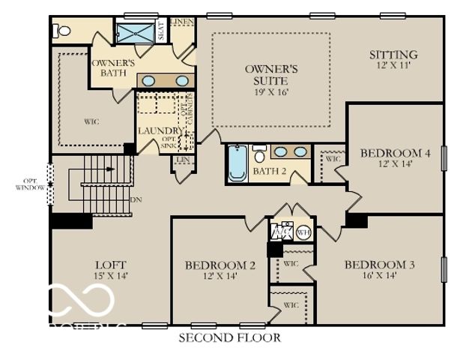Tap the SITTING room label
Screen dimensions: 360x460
(393, 55)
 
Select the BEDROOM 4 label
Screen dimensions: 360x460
(395, 153)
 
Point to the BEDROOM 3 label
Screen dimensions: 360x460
(379, 265)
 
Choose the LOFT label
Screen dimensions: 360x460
(110, 265)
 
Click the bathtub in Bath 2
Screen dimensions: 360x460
(237, 163)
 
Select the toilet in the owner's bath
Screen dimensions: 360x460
(62, 31)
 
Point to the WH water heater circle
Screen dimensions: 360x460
(303, 232)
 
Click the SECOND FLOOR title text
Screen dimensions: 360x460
(229, 338)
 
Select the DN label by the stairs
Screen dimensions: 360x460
(136, 200)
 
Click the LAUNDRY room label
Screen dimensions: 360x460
(156, 131)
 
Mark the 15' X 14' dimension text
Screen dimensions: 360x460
(110, 276)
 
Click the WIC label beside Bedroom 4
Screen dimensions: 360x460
(333, 160)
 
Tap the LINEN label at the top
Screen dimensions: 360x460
(182, 22)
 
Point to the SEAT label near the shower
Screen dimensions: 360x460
(161, 31)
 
